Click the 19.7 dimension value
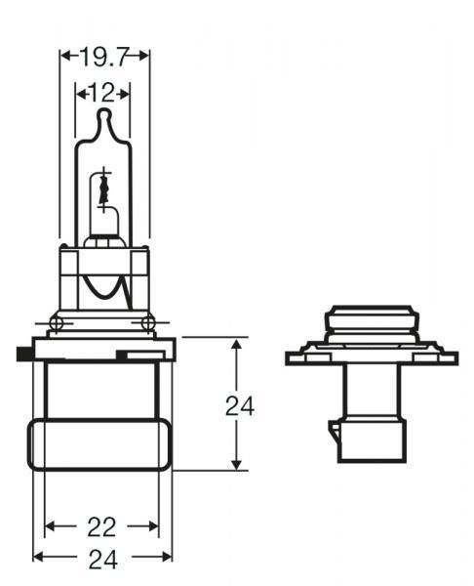click(105, 57)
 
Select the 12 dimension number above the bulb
click(102, 94)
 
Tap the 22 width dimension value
click(101, 527)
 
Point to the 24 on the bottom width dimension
click(101, 560)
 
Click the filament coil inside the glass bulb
click(102, 190)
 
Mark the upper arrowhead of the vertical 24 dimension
click(235, 345)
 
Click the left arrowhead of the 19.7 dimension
click(65, 57)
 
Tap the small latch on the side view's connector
click(336, 435)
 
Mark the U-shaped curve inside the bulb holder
click(103, 286)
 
